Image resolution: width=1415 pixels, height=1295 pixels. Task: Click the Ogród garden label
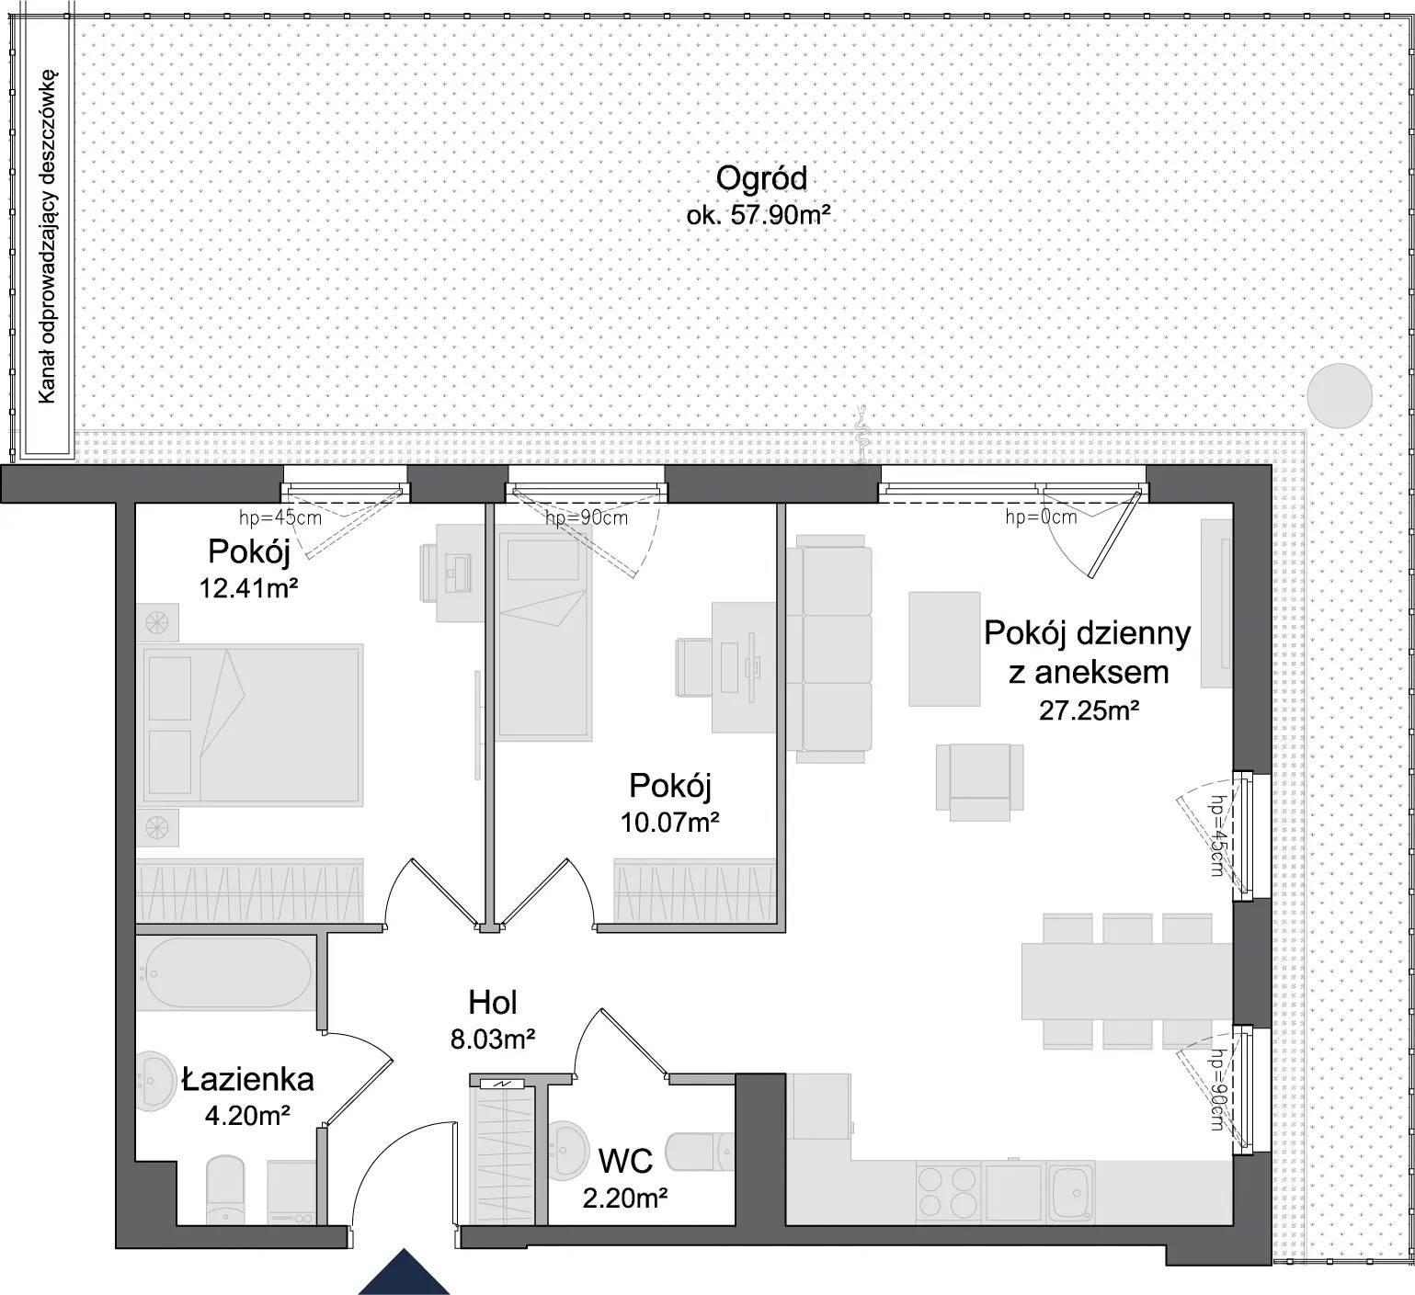761,177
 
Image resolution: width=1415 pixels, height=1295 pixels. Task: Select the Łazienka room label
248,1079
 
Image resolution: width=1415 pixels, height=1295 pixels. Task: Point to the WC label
625,1161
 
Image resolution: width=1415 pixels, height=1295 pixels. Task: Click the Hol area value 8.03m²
493,1039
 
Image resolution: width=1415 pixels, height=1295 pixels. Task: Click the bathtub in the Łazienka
227,974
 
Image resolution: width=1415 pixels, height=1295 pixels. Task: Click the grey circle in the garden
1340,396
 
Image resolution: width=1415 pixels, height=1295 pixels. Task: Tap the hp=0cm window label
1041,517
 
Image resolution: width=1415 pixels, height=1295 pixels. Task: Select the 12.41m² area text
248,587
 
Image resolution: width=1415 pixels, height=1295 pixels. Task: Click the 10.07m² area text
669,821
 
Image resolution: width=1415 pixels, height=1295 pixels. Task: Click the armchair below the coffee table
980,781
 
